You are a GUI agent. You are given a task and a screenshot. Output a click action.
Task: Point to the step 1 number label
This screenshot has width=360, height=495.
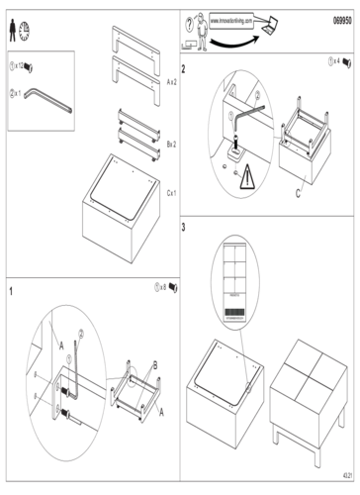tap(11, 290)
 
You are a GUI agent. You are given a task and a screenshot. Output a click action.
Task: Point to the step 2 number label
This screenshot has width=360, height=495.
tap(184, 69)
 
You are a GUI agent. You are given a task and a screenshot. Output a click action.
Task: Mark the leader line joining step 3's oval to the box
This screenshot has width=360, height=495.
tap(237, 332)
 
